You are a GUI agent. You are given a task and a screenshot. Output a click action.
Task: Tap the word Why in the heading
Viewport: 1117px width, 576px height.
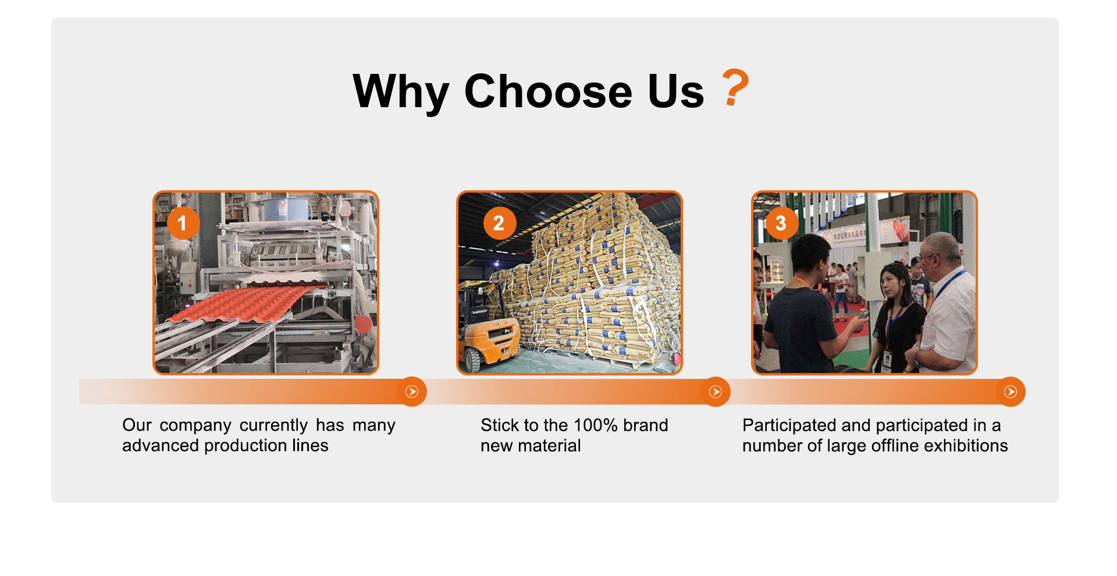[x=401, y=93]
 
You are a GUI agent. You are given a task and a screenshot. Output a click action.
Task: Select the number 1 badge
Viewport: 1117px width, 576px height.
[x=183, y=223]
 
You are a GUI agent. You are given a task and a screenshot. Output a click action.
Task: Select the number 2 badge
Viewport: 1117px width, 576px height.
[x=499, y=223]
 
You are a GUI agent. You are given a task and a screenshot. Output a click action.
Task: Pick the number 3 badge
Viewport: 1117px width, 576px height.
[x=781, y=223]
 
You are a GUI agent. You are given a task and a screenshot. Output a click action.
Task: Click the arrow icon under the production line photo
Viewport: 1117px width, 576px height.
[x=412, y=392]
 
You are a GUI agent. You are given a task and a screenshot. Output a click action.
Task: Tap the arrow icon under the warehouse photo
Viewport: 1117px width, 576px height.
[x=716, y=392]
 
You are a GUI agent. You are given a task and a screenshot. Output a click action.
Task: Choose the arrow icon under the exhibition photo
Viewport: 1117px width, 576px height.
[x=1011, y=392]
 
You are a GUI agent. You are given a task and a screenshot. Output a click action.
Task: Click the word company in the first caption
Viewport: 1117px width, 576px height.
[x=195, y=426]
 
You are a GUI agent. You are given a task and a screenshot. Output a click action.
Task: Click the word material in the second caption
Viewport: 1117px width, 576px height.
[x=550, y=446]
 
